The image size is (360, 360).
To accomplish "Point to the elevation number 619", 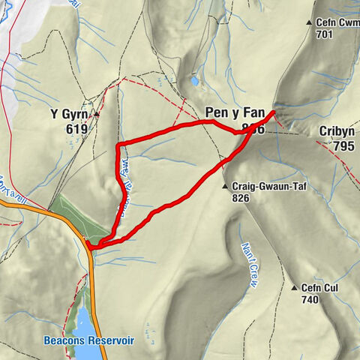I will [x=76, y=129].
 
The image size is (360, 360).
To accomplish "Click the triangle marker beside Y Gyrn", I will [x=97, y=114].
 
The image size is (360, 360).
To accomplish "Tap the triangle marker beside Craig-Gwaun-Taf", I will [x=224, y=186].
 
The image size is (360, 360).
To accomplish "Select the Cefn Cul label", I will [x=319, y=287].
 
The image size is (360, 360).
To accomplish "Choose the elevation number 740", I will [x=310, y=299].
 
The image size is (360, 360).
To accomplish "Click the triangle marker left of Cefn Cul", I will [x=294, y=287].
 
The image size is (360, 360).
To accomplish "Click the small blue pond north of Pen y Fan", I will [x=195, y=80].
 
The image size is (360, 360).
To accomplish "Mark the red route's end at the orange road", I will [x=89, y=244].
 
